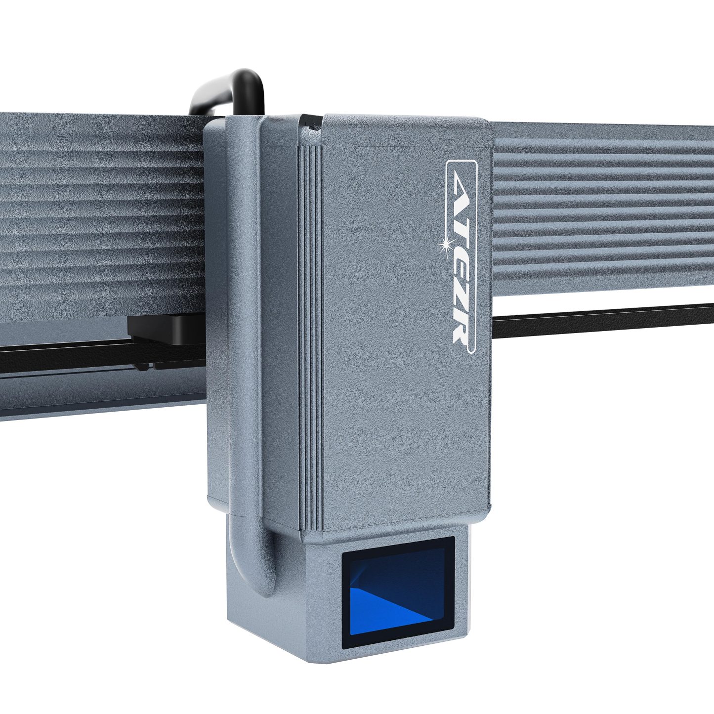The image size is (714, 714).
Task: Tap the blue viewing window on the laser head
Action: [398, 592]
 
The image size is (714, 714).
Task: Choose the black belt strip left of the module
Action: [64, 357]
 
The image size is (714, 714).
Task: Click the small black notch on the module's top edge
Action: [311, 124]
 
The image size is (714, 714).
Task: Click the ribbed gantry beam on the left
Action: [99, 212]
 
